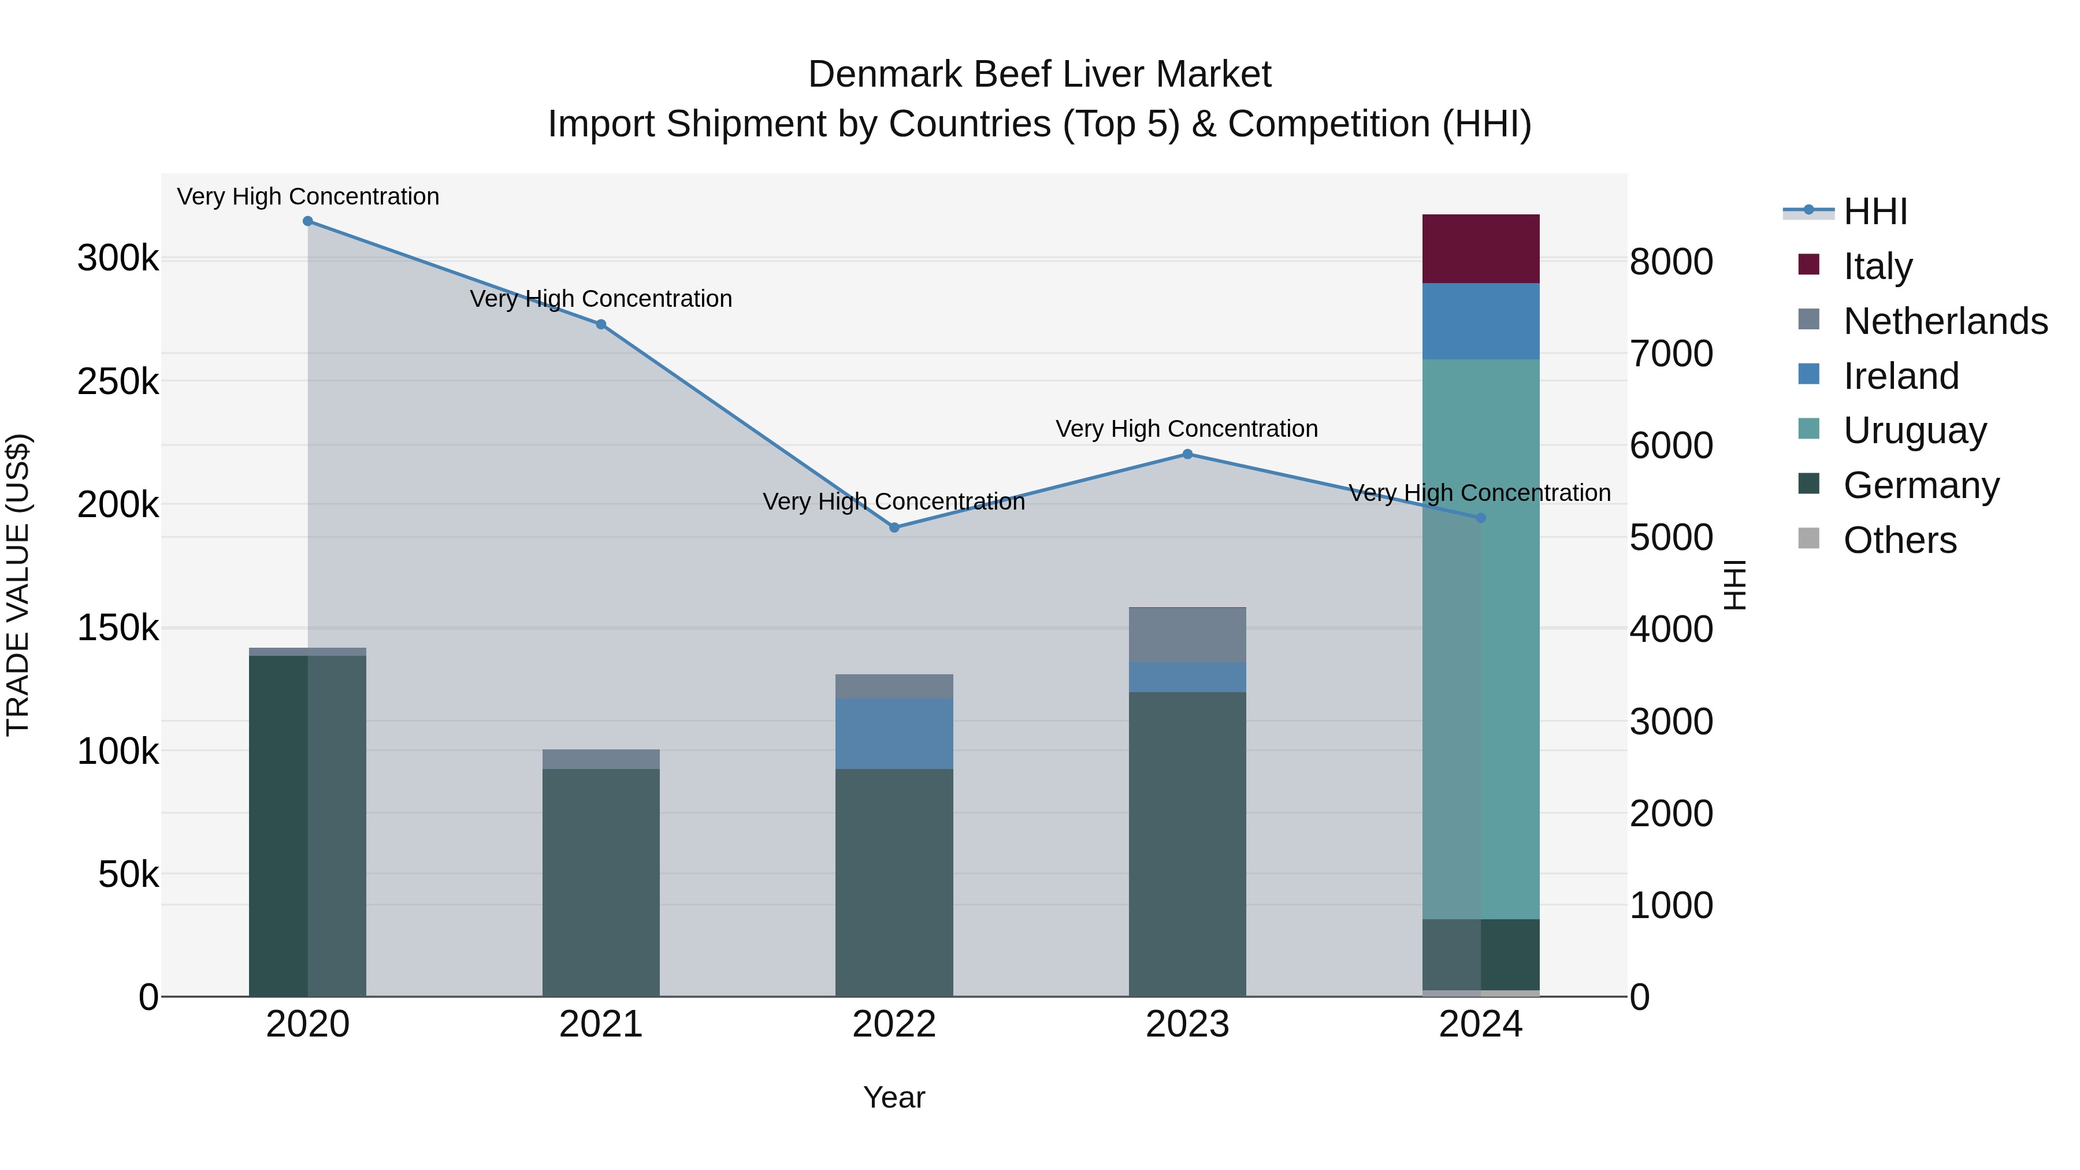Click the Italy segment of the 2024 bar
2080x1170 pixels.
(1480, 248)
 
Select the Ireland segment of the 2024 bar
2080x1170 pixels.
(1480, 321)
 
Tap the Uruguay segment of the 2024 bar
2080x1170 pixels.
(1480, 638)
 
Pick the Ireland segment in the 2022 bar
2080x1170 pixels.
(894, 733)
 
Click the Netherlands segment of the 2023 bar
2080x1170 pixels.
(1187, 634)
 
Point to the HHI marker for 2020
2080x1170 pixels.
(307, 221)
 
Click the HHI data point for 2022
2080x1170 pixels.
(894, 528)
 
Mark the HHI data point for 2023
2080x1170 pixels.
(1187, 454)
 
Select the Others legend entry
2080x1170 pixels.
(1899, 540)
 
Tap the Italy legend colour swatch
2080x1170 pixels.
(1808, 265)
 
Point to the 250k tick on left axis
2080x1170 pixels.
(118, 382)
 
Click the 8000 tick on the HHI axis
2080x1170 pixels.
(1670, 262)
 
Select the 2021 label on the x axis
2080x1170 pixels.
(601, 1024)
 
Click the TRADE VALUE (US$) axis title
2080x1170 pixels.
(18, 585)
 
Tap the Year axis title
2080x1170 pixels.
(894, 1097)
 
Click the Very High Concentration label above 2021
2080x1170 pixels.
(601, 299)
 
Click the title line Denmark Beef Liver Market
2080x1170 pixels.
(1039, 75)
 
